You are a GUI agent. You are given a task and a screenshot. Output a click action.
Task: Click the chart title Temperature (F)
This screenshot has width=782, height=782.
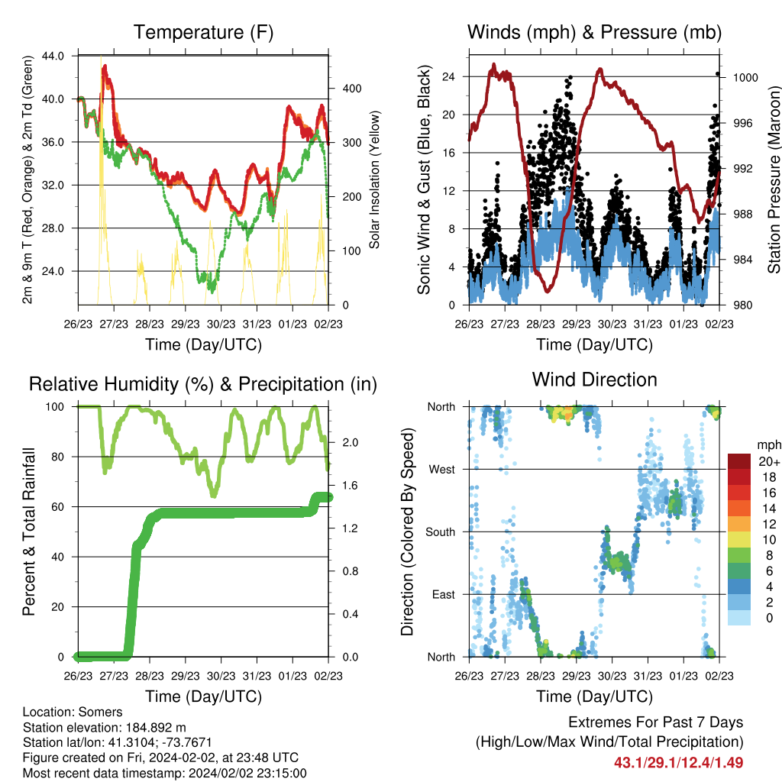pyautogui.click(x=203, y=32)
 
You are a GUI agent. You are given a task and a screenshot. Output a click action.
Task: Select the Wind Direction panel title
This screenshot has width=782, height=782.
pyautogui.click(x=594, y=380)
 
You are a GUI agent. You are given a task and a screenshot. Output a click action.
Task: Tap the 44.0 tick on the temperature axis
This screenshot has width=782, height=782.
pyautogui.click(x=53, y=56)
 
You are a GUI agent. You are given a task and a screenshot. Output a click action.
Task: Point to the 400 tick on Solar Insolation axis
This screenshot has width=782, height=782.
pyautogui.click(x=352, y=89)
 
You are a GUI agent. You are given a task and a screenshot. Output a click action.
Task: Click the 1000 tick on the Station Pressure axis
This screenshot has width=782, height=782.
pyautogui.click(x=745, y=77)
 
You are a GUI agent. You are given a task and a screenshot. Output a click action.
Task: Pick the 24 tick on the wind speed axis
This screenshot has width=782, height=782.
pyautogui.click(x=448, y=76)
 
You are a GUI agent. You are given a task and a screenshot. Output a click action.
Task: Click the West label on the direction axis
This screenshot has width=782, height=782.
pyautogui.click(x=442, y=470)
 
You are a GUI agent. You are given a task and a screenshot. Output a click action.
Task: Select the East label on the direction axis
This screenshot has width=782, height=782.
pyautogui.click(x=444, y=594)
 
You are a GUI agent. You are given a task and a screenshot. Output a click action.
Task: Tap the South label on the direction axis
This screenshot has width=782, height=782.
pyautogui.click(x=441, y=532)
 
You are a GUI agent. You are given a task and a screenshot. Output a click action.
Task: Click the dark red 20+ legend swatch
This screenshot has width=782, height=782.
pyautogui.click(x=739, y=462)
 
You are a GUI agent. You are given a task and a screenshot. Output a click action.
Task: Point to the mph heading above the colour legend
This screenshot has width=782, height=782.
pyautogui.click(x=769, y=445)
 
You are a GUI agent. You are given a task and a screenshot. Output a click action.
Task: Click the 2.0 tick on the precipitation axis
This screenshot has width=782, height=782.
pyautogui.click(x=350, y=442)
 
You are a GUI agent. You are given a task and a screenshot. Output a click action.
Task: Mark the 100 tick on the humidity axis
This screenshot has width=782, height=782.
pyautogui.click(x=55, y=407)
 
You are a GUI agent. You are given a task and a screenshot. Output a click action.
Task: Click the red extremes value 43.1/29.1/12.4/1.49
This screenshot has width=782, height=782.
pyautogui.click(x=678, y=763)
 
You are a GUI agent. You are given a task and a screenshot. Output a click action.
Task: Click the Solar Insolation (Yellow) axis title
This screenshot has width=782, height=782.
pyautogui.click(x=374, y=179)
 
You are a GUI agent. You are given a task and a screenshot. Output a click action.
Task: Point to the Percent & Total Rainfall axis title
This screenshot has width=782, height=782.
pyautogui.click(x=29, y=532)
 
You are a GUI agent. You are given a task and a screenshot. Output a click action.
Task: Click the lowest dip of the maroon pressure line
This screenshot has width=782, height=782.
pyautogui.click(x=548, y=291)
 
